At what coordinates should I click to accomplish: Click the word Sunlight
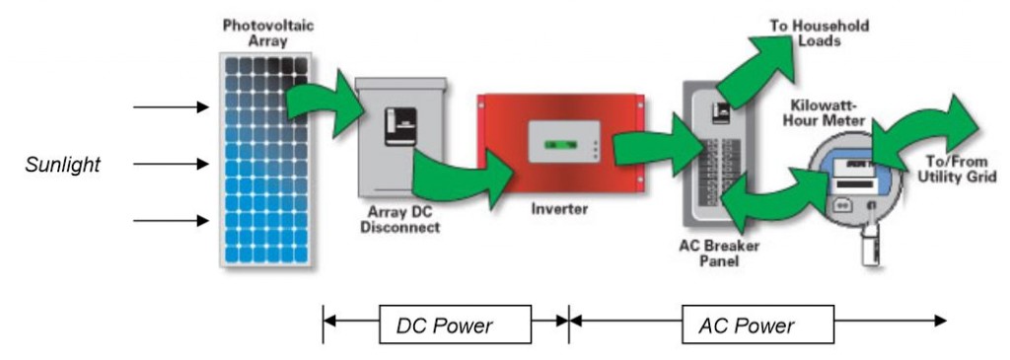[x=63, y=165]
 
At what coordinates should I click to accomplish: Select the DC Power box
[x=455, y=324]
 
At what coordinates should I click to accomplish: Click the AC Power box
[x=757, y=324]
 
